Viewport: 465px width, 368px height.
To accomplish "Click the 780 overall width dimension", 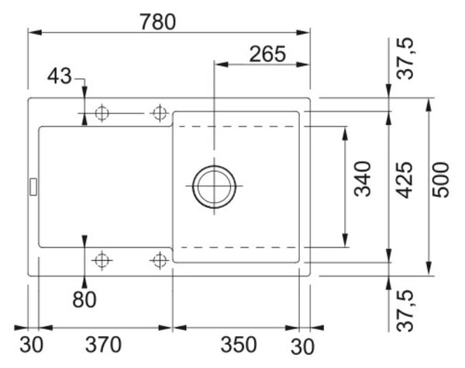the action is (158, 22).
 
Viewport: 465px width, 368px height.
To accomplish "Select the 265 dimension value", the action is (267, 54).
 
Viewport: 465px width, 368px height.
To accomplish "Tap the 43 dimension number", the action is (60, 76).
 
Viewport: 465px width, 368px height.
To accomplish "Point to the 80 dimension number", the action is (84, 300).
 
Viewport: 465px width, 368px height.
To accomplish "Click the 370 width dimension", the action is (104, 345).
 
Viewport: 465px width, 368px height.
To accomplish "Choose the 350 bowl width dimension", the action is (239, 345).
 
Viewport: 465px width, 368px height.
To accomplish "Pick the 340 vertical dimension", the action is (363, 179).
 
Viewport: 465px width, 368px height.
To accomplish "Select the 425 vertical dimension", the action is (405, 180).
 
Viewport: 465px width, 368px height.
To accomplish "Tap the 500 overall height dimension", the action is (441, 179).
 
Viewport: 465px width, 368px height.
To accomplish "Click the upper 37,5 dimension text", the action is (405, 58).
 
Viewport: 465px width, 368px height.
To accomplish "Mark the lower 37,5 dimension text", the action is (405, 311).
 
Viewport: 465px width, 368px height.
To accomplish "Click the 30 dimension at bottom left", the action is (32, 345).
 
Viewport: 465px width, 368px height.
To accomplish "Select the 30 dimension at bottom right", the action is (302, 346).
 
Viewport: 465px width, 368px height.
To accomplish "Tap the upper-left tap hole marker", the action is (102, 113).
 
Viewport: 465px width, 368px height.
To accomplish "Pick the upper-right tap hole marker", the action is (160, 113).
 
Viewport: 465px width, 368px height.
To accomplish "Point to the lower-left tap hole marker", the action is (102, 261).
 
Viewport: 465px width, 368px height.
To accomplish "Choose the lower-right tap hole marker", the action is (160, 261).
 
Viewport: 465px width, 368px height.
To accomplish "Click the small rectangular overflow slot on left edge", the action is (33, 187).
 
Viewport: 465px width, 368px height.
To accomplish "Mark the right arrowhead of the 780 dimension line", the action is (303, 33).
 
